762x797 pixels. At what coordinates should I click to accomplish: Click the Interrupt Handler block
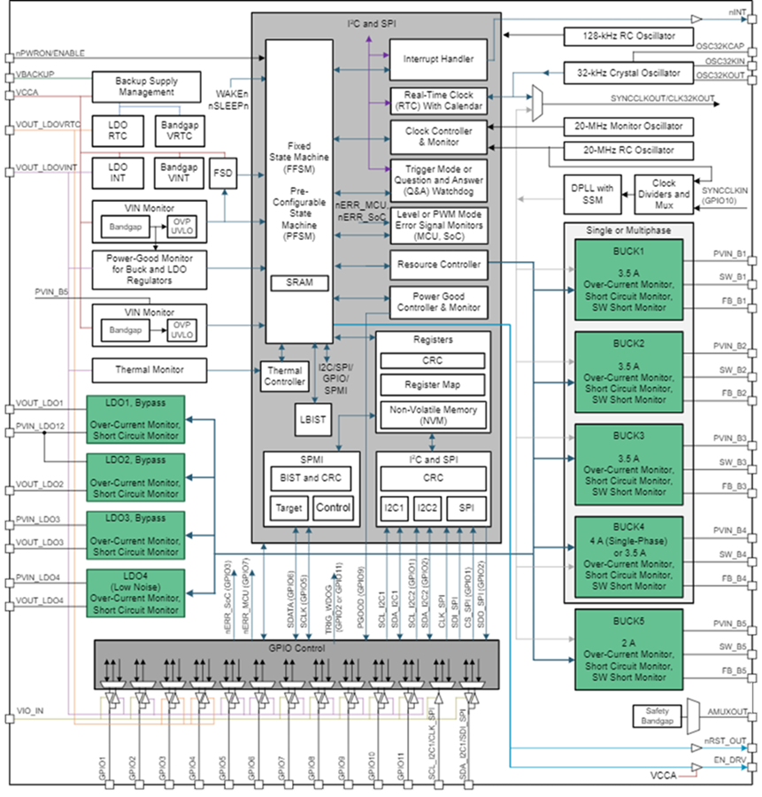click(438, 59)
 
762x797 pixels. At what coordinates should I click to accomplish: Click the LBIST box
click(311, 420)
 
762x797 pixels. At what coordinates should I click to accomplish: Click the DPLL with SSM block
click(592, 193)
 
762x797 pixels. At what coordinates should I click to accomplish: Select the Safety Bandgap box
click(658, 717)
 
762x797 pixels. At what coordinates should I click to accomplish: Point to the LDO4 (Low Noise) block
click(136, 592)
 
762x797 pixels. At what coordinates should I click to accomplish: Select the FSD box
click(222, 174)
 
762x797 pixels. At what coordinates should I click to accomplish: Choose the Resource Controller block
click(438, 264)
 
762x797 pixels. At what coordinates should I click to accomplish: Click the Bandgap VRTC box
click(180, 128)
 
